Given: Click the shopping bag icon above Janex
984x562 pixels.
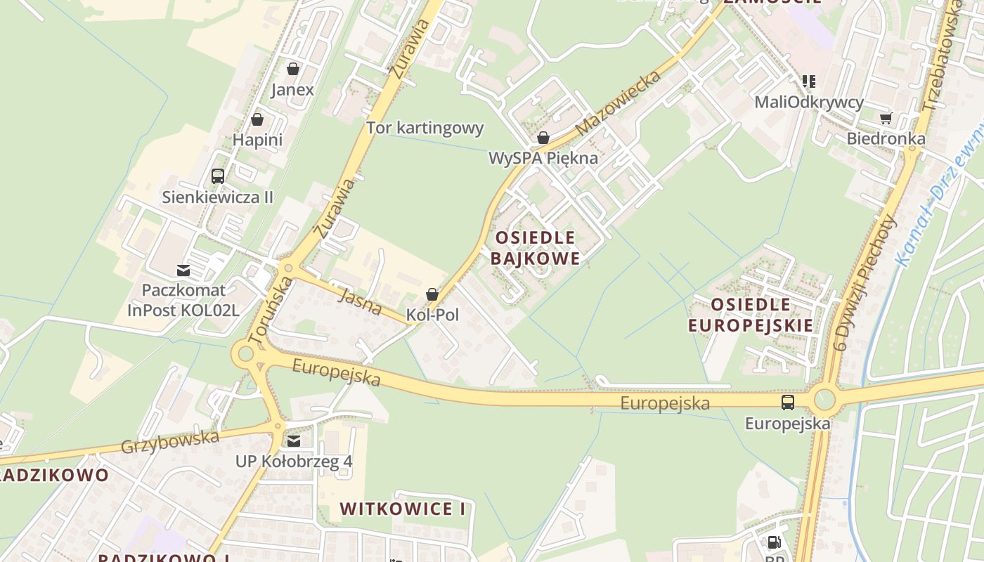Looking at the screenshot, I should [x=293, y=69].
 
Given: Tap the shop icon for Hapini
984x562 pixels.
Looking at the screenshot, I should [x=257, y=119].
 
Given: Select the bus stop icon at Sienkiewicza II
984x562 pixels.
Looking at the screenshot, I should [x=218, y=176].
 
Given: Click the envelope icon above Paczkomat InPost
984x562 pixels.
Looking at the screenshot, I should [x=183, y=270].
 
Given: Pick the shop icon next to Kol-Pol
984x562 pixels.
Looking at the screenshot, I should [x=432, y=294].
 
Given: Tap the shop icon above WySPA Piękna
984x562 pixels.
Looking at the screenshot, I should [x=543, y=138].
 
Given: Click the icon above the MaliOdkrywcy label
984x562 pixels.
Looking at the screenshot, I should [x=809, y=81].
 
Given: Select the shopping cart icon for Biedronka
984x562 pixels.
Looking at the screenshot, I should [x=886, y=118].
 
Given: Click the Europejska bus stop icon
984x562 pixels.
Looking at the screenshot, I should [x=788, y=403].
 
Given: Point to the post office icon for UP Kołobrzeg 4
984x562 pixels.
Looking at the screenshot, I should [x=294, y=441].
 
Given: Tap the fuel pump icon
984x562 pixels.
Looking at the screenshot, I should [x=774, y=542].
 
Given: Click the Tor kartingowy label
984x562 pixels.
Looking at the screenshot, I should [x=425, y=128].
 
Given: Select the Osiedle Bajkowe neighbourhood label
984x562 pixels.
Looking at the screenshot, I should [x=535, y=248].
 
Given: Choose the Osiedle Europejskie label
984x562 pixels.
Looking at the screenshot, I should [x=751, y=315].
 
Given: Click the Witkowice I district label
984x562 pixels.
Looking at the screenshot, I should [x=403, y=509].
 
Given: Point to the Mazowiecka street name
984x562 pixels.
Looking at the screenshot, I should [x=618, y=103].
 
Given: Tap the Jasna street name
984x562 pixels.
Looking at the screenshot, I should [x=360, y=301].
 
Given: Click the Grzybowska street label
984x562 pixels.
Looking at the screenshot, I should [x=170, y=442].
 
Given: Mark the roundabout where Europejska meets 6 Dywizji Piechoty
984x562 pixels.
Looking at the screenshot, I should [x=824, y=400].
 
